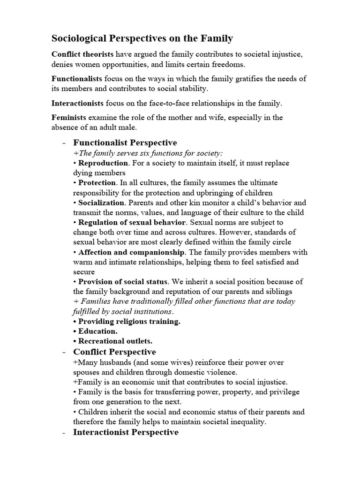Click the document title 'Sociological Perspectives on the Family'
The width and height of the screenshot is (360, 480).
(x=142, y=38)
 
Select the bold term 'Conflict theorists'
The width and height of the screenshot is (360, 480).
(x=82, y=54)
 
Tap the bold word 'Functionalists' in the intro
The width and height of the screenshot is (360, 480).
(x=76, y=78)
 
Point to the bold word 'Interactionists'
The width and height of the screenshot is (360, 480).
(x=78, y=102)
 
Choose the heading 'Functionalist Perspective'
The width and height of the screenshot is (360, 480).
(x=125, y=142)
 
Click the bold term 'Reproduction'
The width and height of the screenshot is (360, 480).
(x=103, y=163)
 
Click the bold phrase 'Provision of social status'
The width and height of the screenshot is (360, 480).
(x=123, y=282)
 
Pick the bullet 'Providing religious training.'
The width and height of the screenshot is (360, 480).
(x=129, y=321)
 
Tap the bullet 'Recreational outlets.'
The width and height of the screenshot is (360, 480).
(x=115, y=341)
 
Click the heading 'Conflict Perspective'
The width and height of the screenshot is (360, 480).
(x=115, y=352)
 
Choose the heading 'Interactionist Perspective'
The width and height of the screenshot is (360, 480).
(x=126, y=432)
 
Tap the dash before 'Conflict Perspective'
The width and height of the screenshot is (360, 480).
(x=63, y=352)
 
